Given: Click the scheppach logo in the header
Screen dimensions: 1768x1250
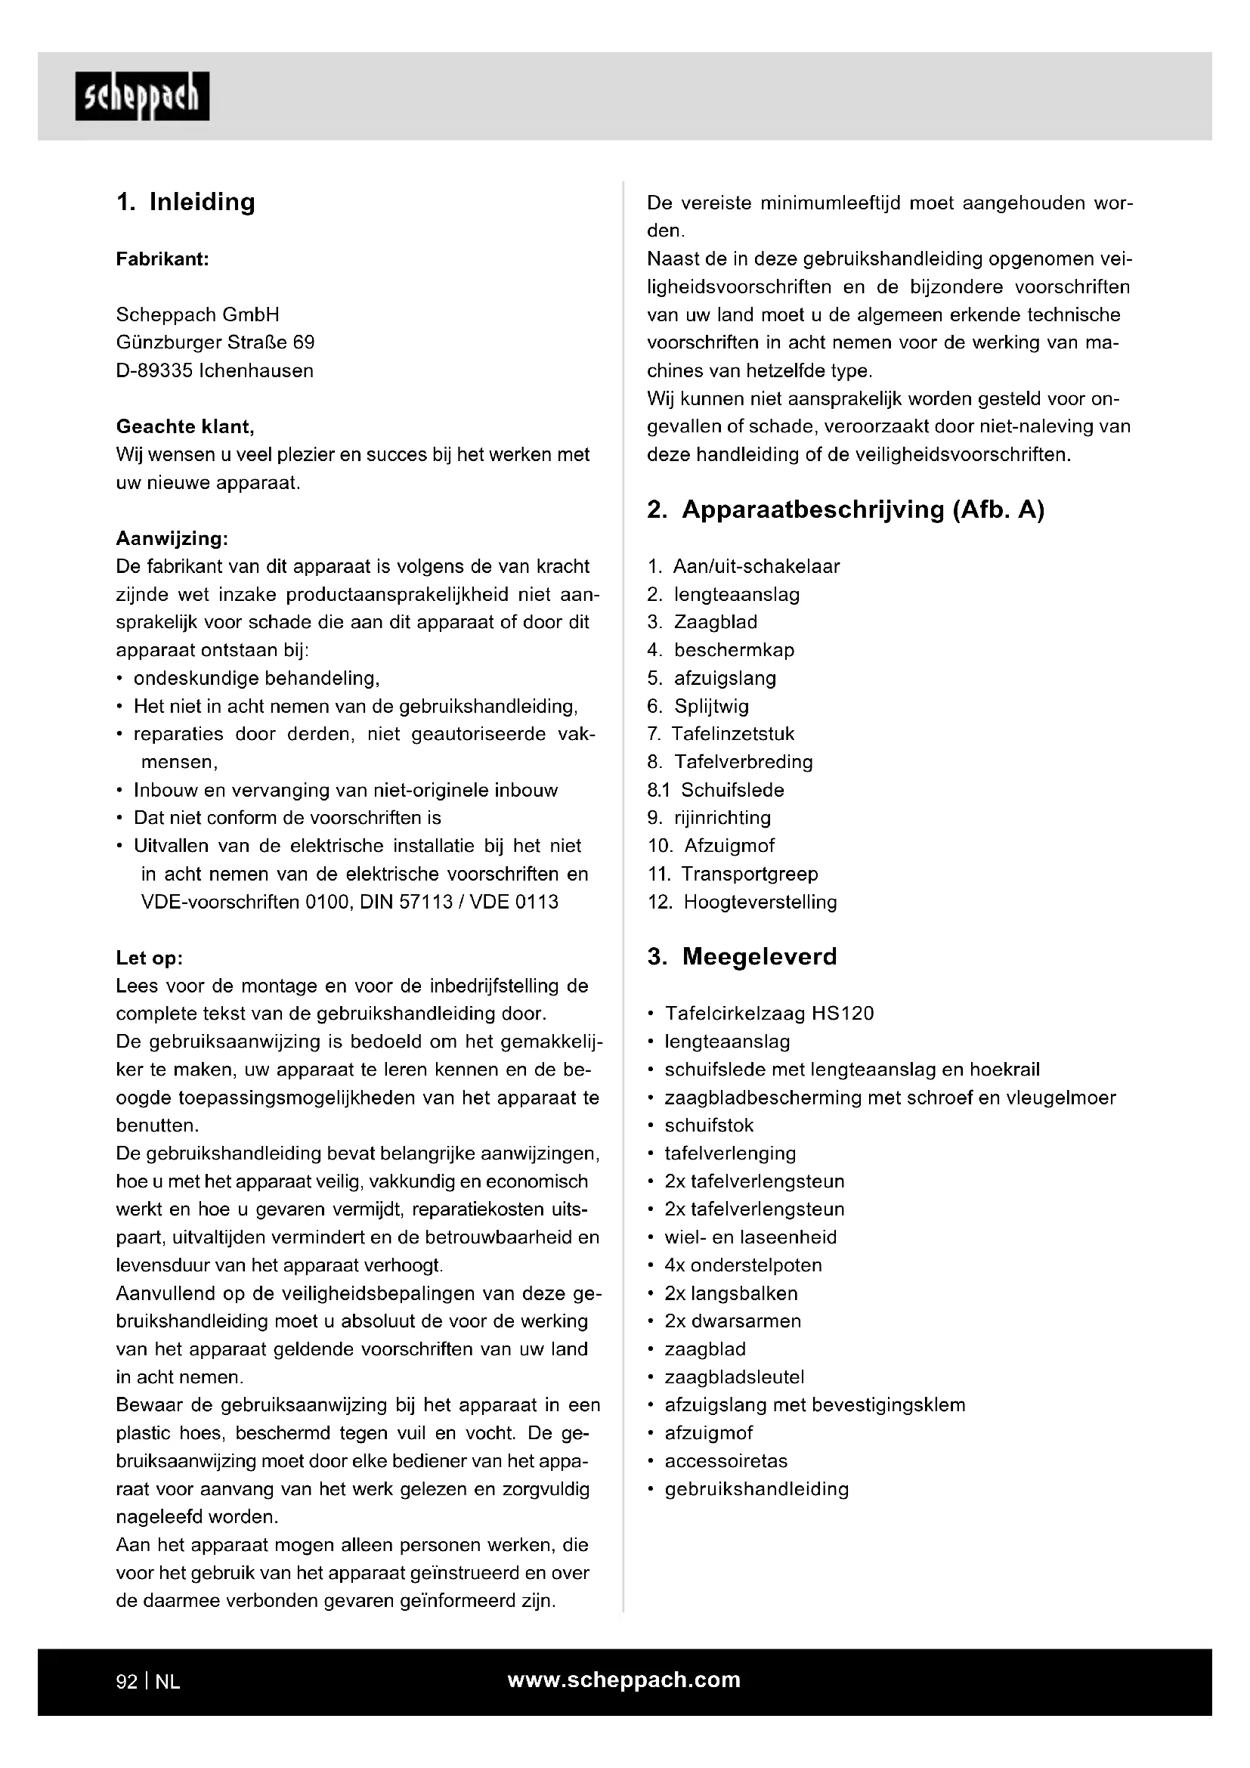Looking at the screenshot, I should [142, 97].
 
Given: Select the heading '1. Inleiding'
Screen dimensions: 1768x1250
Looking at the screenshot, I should [185, 203].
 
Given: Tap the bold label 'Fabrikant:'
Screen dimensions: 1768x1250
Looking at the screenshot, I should [162, 259].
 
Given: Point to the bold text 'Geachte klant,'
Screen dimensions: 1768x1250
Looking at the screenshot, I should [184, 426].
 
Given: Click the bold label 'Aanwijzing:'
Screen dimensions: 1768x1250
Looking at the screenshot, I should [172, 538].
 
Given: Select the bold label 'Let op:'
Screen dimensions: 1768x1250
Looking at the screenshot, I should [150, 958].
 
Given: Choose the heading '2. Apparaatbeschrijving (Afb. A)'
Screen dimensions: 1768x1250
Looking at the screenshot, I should [845, 509].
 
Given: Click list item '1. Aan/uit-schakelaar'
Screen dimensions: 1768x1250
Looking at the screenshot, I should [744, 567].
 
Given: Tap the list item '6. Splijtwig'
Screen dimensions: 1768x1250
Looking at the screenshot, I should [698, 706].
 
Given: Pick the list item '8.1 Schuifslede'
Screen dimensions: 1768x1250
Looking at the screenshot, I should [716, 790].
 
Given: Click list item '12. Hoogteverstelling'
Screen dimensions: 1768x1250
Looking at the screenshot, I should [742, 902].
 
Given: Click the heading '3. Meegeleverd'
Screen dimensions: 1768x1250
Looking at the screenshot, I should [742, 957].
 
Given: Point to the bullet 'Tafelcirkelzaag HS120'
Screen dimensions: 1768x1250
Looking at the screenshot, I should [769, 1014].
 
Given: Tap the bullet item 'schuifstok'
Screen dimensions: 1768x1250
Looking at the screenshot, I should [709, 1125].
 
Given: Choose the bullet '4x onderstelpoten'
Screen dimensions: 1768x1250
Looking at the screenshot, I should [743, 1265].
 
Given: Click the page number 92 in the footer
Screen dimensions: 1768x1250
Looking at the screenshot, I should [126, 1682].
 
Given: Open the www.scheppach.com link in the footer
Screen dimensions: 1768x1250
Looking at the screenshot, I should [623, 1680].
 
